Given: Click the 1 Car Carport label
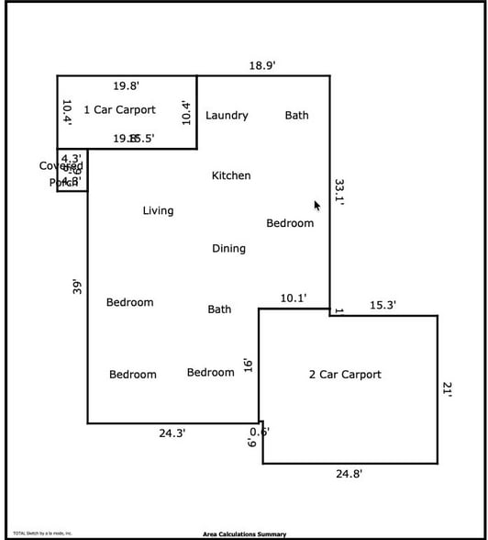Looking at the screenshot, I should click(x=119, y=110).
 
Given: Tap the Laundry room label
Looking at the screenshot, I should click(x=227, y=116).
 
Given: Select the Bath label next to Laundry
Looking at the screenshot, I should click(x=296, y=116).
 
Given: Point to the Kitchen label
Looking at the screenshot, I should click(x=231, y=175).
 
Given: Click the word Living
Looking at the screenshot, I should click(x=158, y=211).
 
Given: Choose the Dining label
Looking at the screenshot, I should click(x=228, y=249).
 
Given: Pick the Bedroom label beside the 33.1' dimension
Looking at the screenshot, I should click(x=290, y=223).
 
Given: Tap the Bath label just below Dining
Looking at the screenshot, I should click(x=219, y=309).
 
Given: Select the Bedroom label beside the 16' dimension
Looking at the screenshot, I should click(x=211, y=372).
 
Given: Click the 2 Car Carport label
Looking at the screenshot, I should click(x=345, y=375).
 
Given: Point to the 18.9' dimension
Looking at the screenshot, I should click(x=262, y=66).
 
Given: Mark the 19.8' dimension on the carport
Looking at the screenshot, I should click(x=127, y=86).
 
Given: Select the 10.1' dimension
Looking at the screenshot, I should click(x=293, y=298).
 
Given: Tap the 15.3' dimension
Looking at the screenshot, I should click(x=383, y=306).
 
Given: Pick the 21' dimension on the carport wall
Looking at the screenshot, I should click(x=447, y=389).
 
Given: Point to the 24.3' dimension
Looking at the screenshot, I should click(x=172, y=433).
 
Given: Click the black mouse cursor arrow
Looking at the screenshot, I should click(x=317, y=207).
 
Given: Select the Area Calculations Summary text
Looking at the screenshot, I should click(x=244, y=534).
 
